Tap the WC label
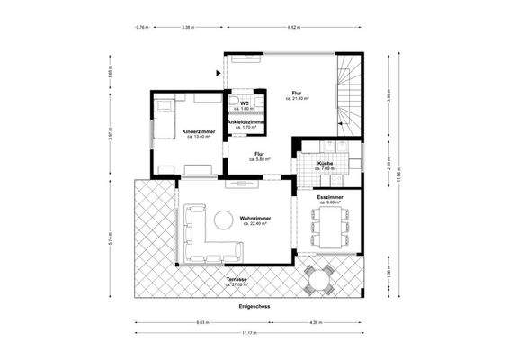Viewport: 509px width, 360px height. (x=244, y=104)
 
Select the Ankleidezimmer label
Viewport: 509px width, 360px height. (x=244, y=123)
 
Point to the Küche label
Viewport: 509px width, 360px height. (x=325, y=164)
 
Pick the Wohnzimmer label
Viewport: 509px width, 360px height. (x=256, y=218)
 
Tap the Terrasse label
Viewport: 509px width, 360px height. (x=238, y=280)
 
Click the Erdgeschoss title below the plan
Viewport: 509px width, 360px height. (x=255, y=306)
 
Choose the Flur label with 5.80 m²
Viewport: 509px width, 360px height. (x=260, y=154)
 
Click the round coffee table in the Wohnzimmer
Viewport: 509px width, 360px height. (x=221, y=219)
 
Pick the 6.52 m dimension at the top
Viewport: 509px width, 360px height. (x=293, y=27)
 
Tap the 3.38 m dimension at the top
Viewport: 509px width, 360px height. (x=187, y=27)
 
